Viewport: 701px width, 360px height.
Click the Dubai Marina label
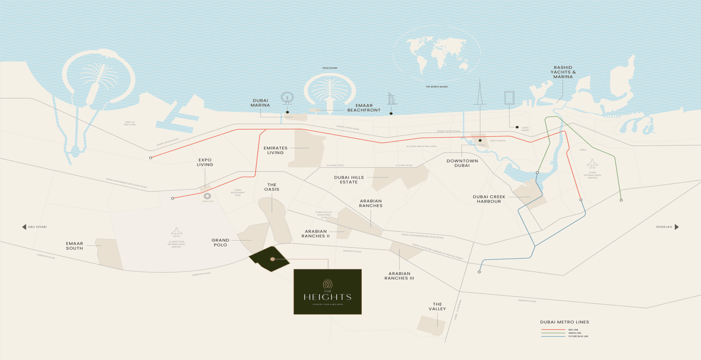tap(260, 103)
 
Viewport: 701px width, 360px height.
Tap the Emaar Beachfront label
tap(364, 108)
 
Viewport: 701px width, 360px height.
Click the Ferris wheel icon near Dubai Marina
tap(287, 98)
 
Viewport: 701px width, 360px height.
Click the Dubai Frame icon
tap(509, 98)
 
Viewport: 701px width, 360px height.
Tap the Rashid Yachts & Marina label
tap(563, 72)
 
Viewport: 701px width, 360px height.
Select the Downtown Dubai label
tap(462, 163)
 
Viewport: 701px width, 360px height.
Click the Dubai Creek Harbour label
tap(489, 199)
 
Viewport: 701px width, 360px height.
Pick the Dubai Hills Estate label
tap(349, 180)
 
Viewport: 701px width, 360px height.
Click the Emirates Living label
tap(276, 150)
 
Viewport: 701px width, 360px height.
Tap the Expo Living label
tap(205, 162)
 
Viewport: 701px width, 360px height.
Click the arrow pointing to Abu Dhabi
tap(24, 227)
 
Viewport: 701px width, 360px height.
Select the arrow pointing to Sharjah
tap(677, 227)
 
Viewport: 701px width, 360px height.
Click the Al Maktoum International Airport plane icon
tap(176, 233)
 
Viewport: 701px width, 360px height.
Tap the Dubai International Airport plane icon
tap(592, 164)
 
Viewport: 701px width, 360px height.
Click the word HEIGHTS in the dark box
tap(328, 297)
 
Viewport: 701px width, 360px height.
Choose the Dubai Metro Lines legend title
tap(564, 322)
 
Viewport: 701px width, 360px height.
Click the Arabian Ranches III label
tap(399, 276)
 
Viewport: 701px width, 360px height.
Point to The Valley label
tap(437, 306)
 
